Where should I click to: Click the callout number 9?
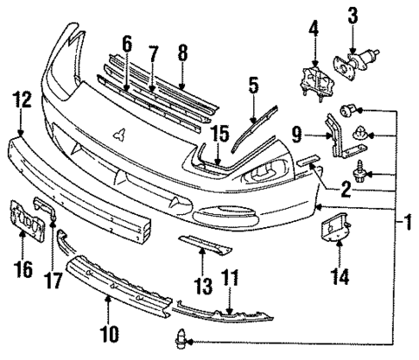[x=295, y=134]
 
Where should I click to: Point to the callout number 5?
[x=252, y=86]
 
